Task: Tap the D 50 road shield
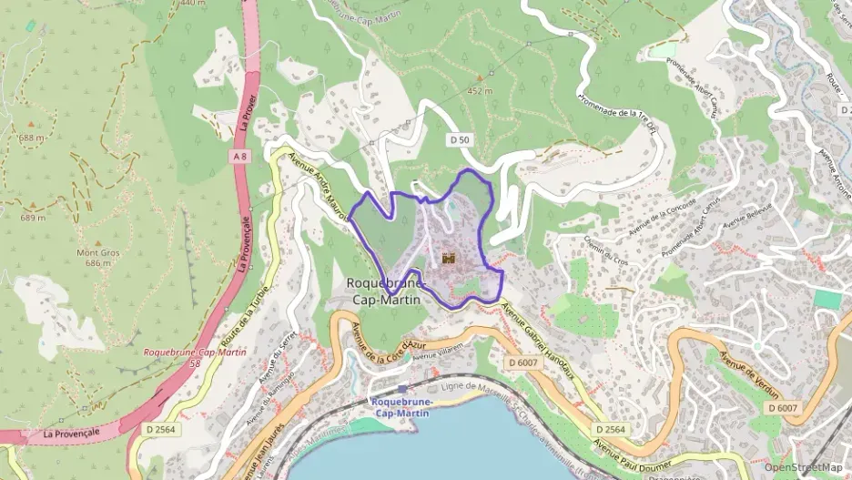tap(461, 139)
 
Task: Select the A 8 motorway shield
tap(239, 157)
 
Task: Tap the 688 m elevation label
tap(31, 138)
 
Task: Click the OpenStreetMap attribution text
tap(803, 467)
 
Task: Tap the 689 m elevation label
tap(33, 218)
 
